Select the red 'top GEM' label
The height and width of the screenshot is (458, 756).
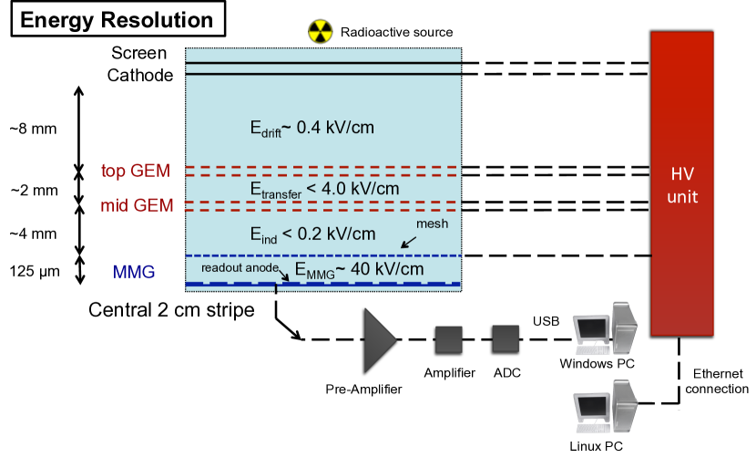136,171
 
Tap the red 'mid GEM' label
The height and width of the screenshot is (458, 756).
137,205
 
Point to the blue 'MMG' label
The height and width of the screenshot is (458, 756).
134,272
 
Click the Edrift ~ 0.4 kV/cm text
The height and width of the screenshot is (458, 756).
312,128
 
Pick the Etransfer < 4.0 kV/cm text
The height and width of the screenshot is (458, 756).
324,190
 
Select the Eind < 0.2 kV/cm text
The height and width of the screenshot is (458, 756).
312,234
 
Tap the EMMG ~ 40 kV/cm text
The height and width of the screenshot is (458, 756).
358,270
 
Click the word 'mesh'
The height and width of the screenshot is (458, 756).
432,224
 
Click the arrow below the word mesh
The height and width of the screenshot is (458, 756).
409,242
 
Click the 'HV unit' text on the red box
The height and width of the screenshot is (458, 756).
682,184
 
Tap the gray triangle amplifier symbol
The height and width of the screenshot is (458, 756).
380,339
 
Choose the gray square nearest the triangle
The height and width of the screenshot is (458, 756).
448,338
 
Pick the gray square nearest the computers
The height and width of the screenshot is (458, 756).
506,338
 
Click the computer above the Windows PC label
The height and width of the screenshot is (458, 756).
603,330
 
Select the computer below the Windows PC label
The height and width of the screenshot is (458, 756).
603,408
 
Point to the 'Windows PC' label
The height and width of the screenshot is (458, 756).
605,365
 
